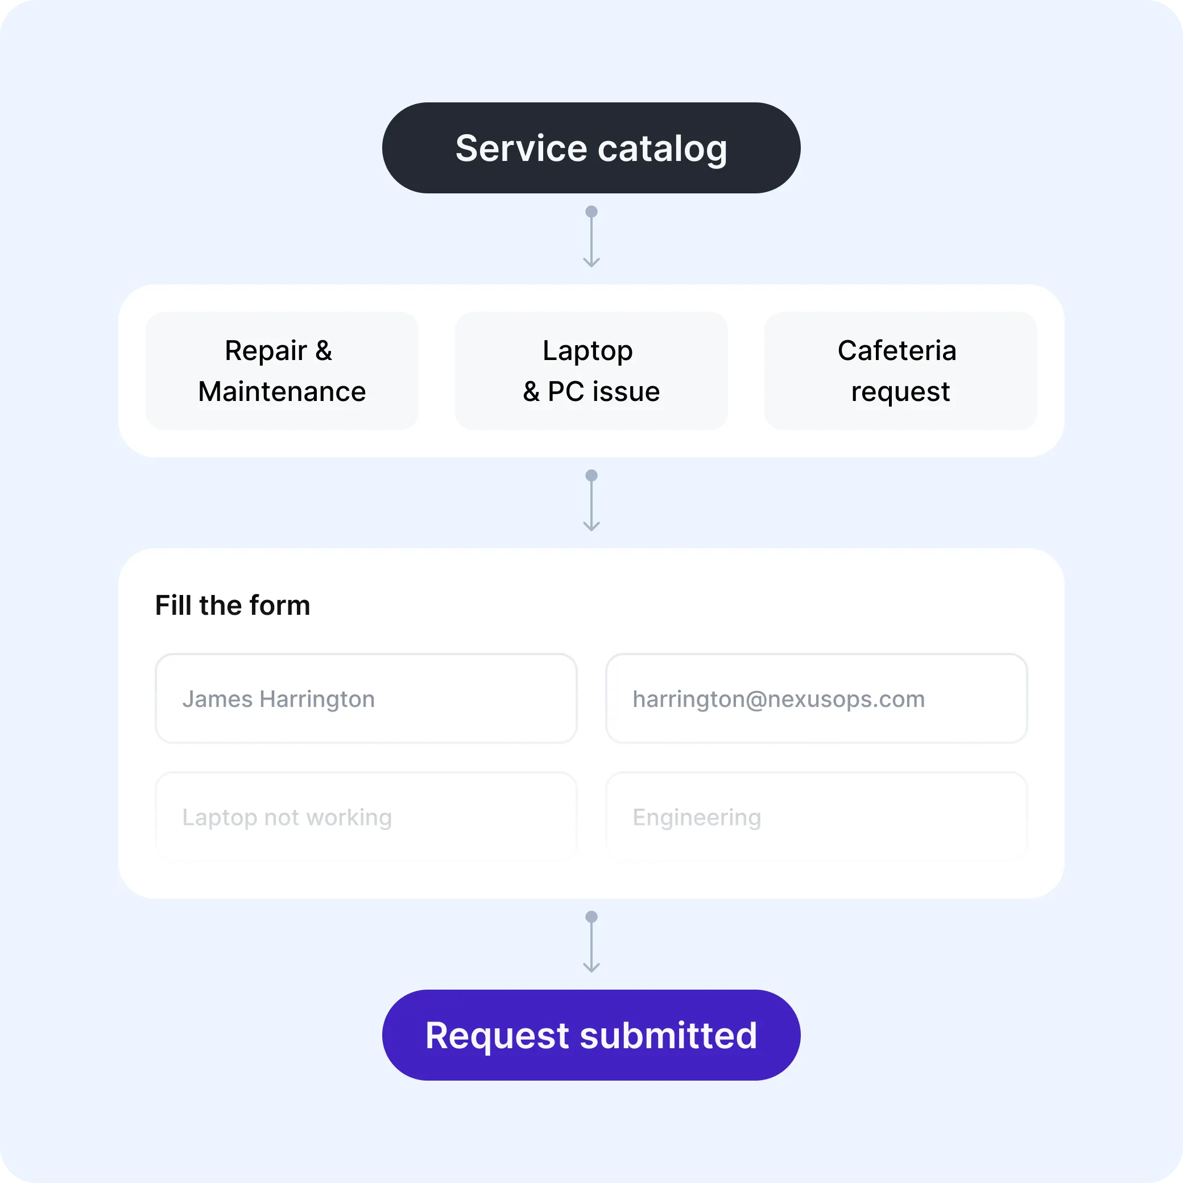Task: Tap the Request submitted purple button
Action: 591,1035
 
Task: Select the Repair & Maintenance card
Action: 282,370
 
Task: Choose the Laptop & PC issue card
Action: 591,370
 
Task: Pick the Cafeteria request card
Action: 900,370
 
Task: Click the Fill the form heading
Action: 233,605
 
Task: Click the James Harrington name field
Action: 366,698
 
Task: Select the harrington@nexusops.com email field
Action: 816,698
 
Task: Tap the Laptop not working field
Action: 366,817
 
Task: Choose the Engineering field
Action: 816,817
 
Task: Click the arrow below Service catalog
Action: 591,239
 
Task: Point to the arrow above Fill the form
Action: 591,502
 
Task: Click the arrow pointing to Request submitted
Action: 591,944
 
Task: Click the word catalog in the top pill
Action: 663,149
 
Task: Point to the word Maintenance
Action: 282,391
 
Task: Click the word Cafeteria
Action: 897,350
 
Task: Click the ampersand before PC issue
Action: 531,392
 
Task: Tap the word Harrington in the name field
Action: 317,699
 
